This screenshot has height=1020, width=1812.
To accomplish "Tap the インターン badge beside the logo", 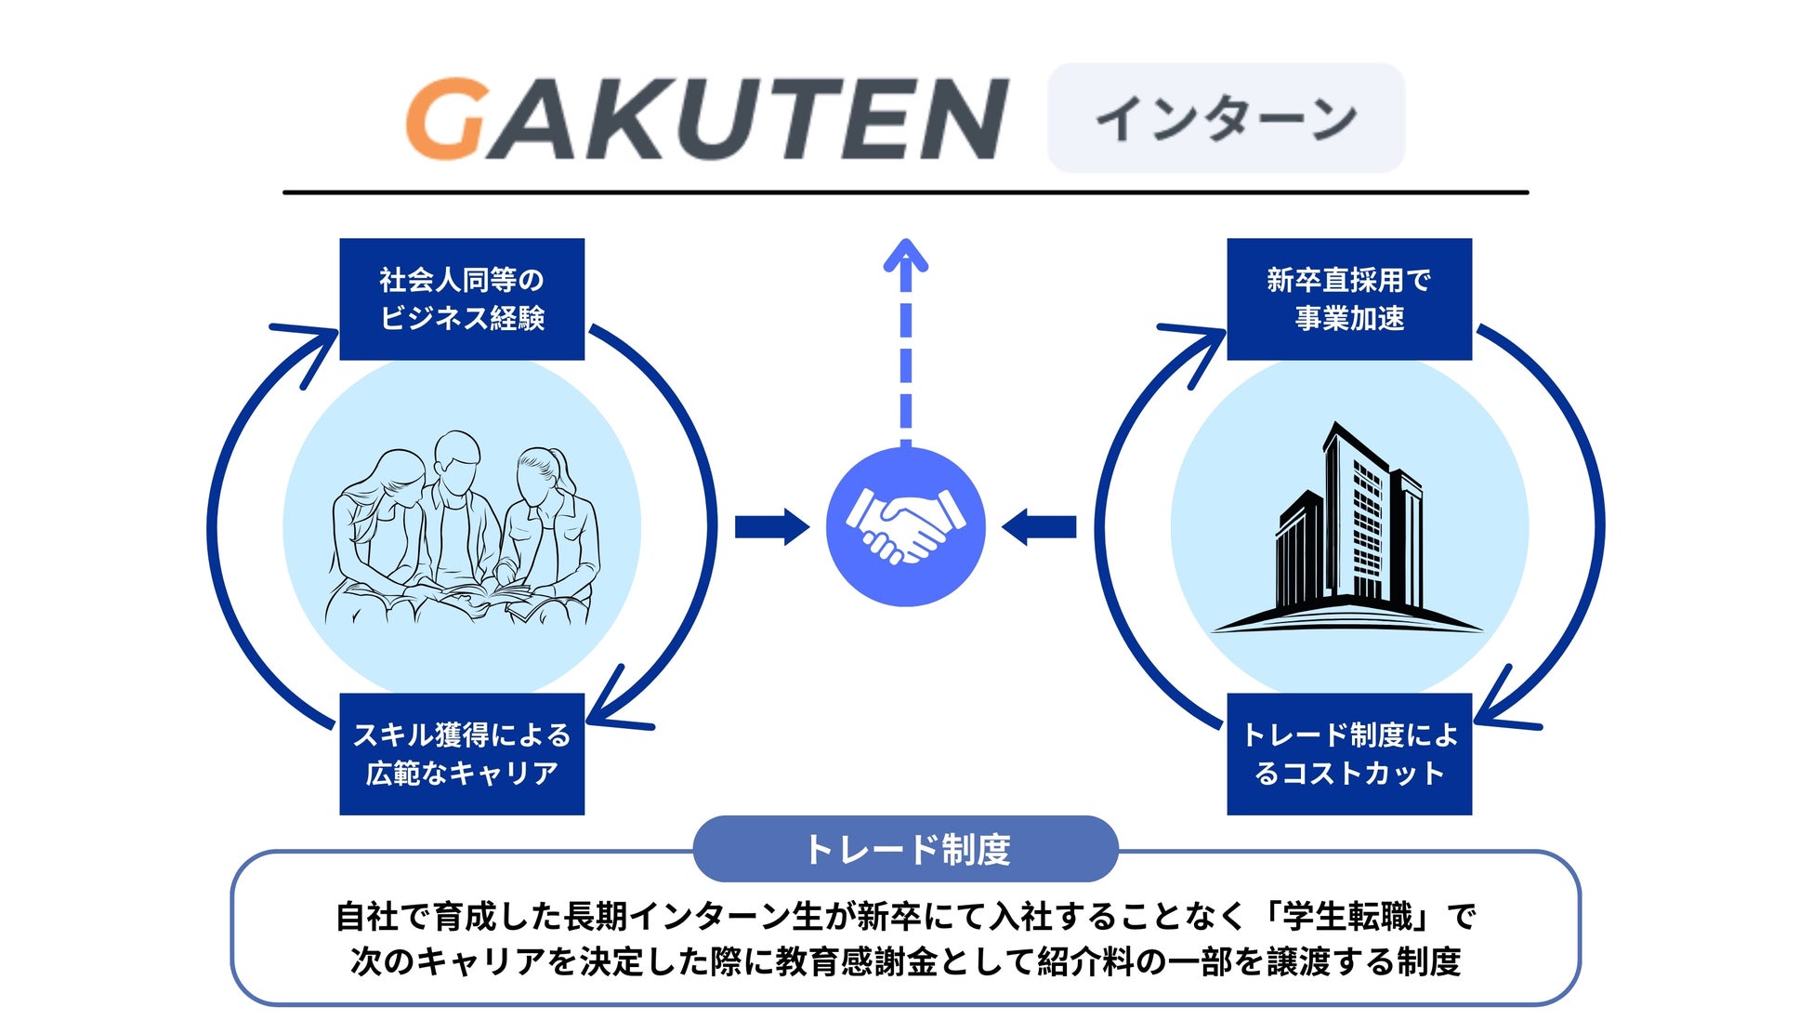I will click(1226, 118).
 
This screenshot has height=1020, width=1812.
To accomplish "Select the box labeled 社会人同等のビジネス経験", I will click(462, 298).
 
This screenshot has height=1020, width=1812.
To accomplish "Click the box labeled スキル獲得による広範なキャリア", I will click(462, 753).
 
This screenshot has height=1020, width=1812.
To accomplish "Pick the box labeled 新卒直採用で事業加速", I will click(1349, 298).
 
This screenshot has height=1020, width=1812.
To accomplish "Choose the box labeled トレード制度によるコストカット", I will click(1349, 753).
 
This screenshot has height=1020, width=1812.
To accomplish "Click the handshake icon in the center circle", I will click(905, 526).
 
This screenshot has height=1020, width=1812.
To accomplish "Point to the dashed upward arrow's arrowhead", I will click(905, 256).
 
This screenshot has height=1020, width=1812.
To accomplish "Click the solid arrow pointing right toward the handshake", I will click(771, 526).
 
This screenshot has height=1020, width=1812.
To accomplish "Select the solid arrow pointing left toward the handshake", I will click(1039, 526).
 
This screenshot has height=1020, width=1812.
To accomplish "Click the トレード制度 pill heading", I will click(906, 849).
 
